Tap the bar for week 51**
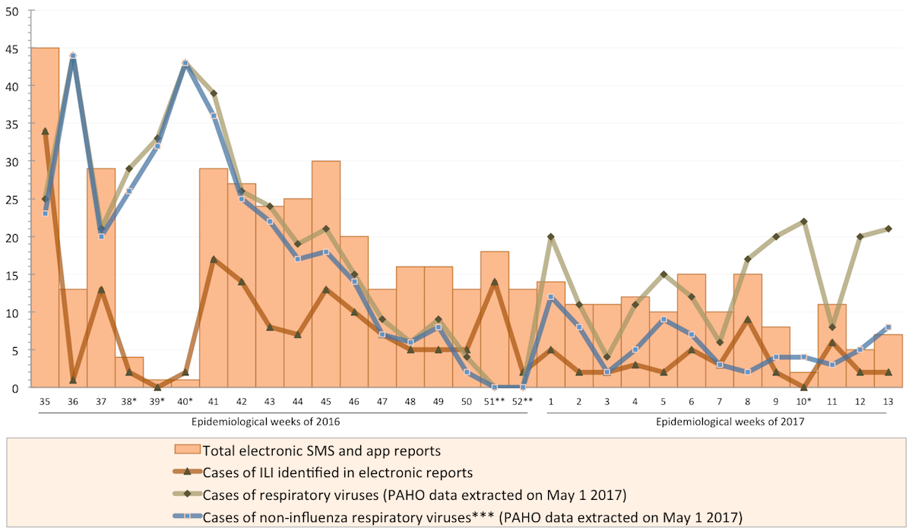pyautogui.click(x=495, y=319)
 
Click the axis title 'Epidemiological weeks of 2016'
pyautogui.click(x=270, y=421)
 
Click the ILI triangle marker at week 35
pyautogui.click(x=45, y=131)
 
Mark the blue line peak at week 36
pyautogui.click(x=73, y=55)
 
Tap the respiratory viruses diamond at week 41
pyautogui.click(x=214, y=93)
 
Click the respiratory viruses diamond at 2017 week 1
pyautogui.click(x=550, y=236)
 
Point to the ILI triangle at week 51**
pyautogui.click(x=495, y=282)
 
